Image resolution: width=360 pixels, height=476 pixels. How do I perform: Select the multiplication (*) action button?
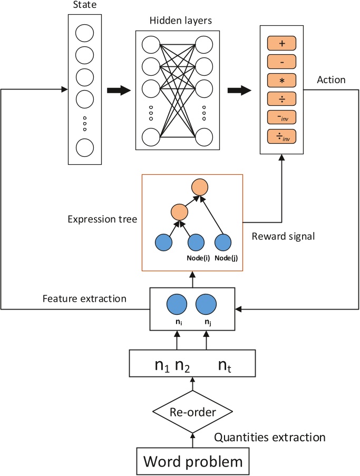pos(283,80)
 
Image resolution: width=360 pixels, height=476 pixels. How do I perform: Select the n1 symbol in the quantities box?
pos(162,366)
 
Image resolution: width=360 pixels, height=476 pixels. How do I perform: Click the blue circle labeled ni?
pos(177,305)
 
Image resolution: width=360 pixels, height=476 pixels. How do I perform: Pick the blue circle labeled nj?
pos(206,305)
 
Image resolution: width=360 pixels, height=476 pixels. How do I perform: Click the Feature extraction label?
pos(85,299)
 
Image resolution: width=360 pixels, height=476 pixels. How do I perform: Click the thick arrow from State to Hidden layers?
pos(118,91)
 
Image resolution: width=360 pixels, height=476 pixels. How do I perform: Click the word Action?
pos(331,80)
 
